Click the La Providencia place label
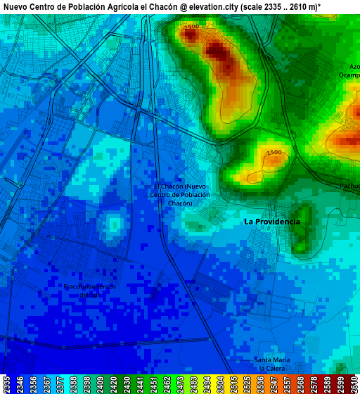(x=271, y=222)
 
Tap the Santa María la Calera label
(x=271, y=364)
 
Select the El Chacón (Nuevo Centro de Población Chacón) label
(x=180, y=194)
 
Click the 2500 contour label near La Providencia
(x=274, y=153)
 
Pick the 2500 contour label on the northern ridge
(x=191, y=27)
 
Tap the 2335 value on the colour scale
(x=6, y=384)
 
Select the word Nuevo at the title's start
(x=15, y=6)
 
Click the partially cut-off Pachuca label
(x=349, y=186)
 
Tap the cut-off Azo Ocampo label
(x=350, y=71)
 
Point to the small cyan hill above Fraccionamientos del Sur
(x=113, y=225)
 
